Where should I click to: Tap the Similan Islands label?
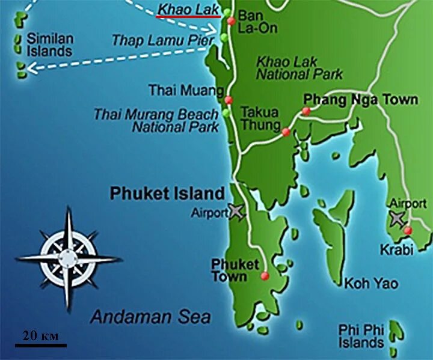50,44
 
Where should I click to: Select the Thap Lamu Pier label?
163,40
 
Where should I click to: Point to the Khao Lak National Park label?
299,68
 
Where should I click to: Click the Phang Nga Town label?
360,99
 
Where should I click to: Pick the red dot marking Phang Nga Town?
306,111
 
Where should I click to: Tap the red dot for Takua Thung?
286,132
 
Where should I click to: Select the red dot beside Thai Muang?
229,100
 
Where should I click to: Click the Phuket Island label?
167,194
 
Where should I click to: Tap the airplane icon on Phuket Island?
238,212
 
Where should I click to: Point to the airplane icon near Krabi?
397,218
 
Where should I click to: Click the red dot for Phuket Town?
265,276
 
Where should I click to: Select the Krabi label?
396,249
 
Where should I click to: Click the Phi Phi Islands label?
361,337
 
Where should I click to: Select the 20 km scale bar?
41,346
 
